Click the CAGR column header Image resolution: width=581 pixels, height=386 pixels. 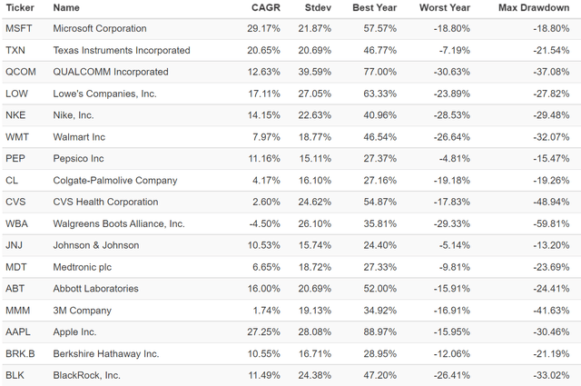coord(266,8)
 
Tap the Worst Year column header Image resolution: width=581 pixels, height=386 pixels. coord(445,8)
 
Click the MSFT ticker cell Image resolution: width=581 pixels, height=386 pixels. coord(19,28)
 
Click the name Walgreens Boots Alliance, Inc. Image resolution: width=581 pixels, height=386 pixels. coord(119,223)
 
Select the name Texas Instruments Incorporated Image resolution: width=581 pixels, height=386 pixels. coord(122,50)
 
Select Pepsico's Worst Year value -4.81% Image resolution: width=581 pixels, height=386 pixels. coord(454,158)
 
